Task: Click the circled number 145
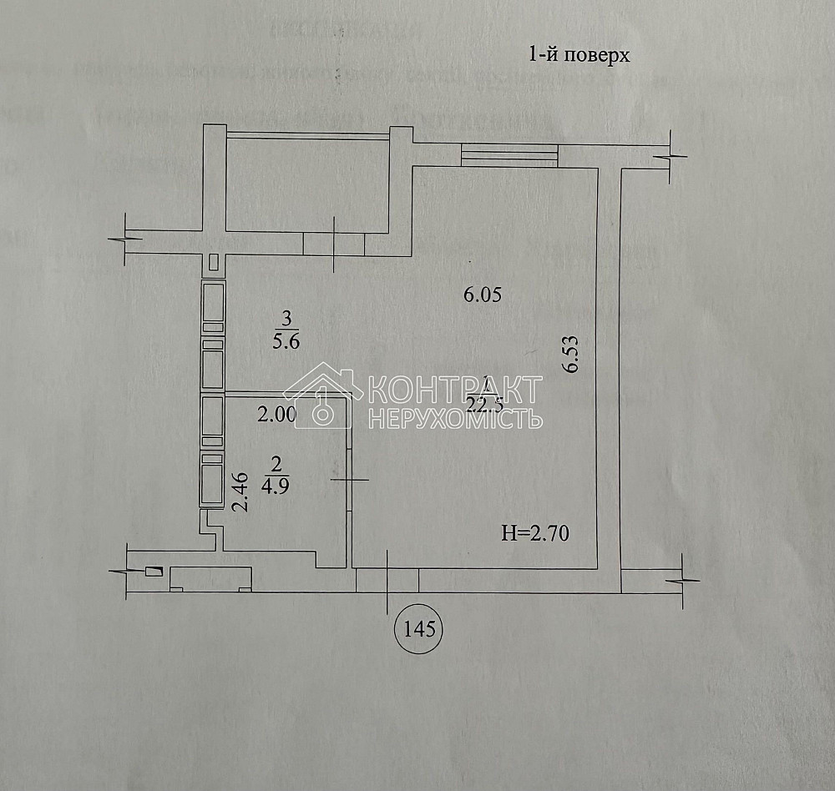tap(419, 629)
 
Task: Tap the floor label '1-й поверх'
tap(577, 56)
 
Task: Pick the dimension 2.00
tap(276, 416)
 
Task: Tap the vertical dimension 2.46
tap(240, 492)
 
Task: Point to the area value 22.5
tap(486, 406)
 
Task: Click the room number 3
tap(287, 317)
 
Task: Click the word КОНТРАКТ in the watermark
tap(454, 390)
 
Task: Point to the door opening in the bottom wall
tap(387, 580)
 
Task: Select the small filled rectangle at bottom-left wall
tap(153, 572)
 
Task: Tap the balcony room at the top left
tap(306, 185)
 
